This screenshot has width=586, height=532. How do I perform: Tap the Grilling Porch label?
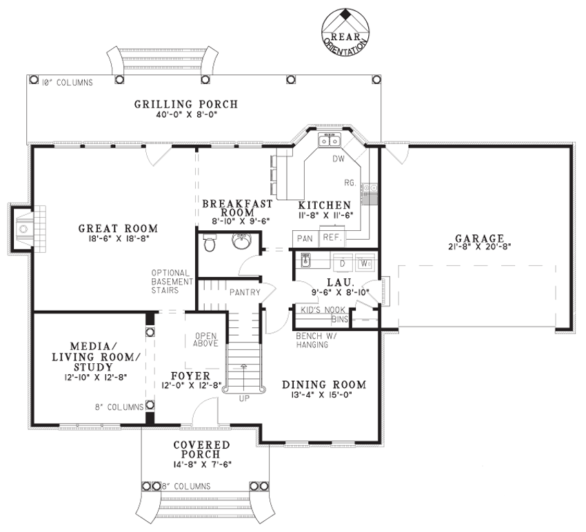(185, 104)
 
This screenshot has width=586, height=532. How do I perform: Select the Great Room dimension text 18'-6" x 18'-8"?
(118, 239)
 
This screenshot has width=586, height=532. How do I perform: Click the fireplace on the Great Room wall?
(26, 227)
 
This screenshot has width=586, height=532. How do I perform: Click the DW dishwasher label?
(338, 159)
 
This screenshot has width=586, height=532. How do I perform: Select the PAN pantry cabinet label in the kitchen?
(305, 238)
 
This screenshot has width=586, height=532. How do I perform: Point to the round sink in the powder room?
(242, 243)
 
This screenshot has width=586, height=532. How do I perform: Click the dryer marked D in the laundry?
(341, 263)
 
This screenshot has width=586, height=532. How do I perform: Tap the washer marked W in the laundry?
(365, 263)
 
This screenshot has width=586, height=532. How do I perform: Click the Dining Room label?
(324, 385)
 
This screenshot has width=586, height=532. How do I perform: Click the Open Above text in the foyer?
(205, 338)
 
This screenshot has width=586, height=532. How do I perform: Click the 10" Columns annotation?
(67, 83)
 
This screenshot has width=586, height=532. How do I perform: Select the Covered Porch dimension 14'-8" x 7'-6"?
(201, 464)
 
